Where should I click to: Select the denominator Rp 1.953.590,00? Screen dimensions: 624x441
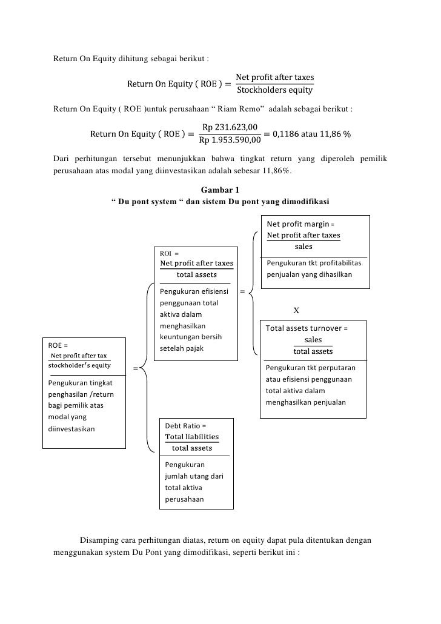pos(230,140)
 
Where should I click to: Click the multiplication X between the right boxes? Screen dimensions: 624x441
pos(296,311)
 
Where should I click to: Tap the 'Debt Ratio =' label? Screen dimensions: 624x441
pos(185,426)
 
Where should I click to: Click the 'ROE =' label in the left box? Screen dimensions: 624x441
pos(58,345)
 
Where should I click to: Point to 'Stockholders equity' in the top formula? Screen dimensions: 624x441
pos(274,91)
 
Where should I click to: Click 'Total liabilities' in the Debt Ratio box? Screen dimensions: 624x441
pos(192,437)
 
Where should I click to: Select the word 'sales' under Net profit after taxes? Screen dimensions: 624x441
pos(303,246)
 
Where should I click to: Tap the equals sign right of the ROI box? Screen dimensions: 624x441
pos(242,292)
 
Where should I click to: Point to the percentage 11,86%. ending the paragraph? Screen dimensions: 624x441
pos(278,171)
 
